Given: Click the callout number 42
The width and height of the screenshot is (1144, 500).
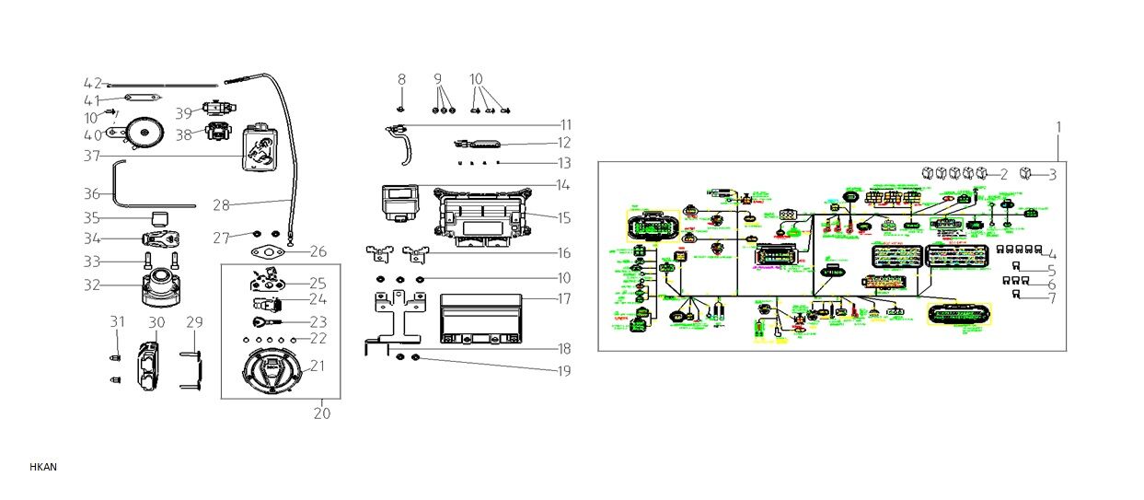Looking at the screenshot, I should (x=92, y=84).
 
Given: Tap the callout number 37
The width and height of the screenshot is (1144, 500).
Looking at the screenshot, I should (x=92, y=157).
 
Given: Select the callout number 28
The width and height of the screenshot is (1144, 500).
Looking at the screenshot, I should (x=221, y=205).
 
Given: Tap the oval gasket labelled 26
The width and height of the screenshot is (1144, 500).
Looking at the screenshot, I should (x=269, y=252).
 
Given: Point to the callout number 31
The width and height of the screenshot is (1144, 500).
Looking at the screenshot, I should (x=117, y=322).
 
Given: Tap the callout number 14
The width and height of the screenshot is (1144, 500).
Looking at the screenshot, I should (x=562, y=185).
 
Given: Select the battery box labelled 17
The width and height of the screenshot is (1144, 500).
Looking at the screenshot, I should (x=481, y=315).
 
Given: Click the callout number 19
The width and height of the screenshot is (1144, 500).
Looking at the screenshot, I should (x=562, y=371).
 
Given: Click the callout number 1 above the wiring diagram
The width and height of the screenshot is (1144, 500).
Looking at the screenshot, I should (x=1058, y=126).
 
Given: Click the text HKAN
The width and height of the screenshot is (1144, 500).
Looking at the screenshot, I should (x=43, y=467).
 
